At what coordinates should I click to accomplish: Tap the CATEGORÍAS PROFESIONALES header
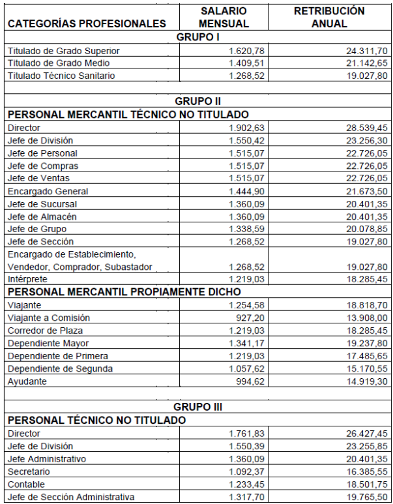[87, 24]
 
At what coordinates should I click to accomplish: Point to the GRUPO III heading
[198, 407]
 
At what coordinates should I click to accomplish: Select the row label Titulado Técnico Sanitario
[61, 76]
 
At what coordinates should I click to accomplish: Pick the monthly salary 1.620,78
[247, 51]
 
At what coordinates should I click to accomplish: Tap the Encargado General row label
[48, 191]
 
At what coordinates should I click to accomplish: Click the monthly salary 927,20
[252, 318]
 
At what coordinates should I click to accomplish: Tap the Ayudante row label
[27, 381]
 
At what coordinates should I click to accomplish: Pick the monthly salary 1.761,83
[247, 434]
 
